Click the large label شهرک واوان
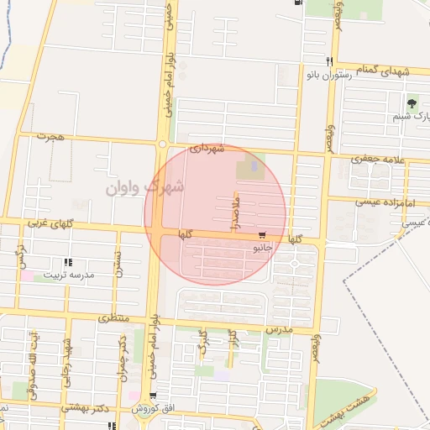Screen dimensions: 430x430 145,186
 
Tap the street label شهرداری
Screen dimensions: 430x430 207,148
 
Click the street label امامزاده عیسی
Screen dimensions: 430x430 378,202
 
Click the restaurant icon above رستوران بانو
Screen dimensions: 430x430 329,61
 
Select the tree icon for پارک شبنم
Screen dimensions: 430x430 412,104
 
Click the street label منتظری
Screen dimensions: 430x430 113,318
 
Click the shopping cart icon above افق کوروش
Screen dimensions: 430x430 152,397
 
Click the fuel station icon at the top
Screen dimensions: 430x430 300,3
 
